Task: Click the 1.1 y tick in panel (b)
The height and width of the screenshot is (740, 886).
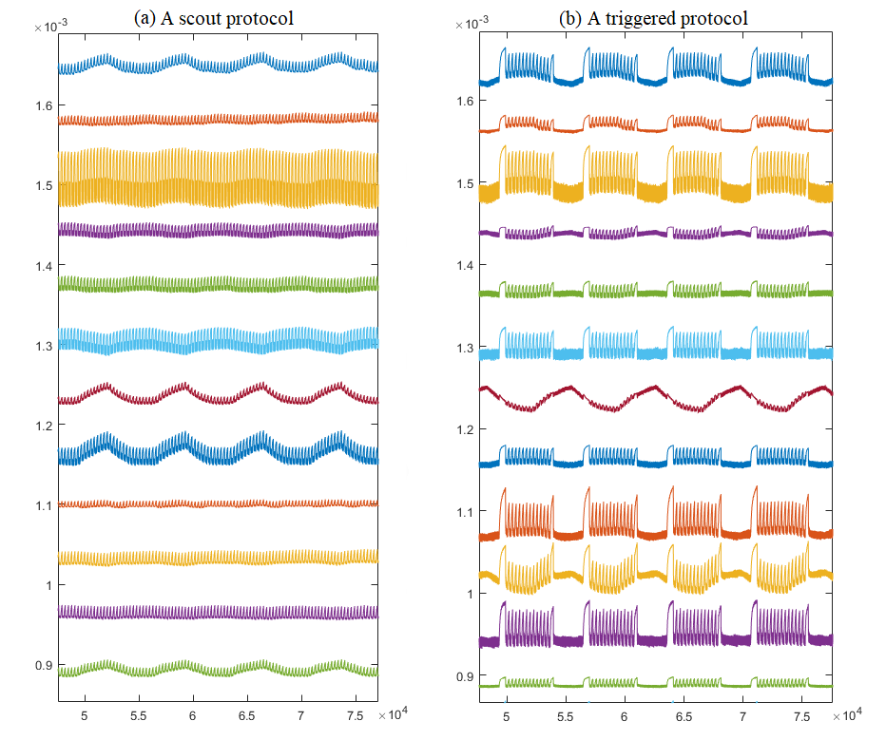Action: click(x=463, y=513)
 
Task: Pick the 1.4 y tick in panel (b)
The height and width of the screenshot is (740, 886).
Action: click(x=463, y=266)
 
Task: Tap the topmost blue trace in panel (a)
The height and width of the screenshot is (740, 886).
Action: click(x=219, y=65)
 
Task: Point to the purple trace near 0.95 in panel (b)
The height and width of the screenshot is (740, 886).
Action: click(x=656, y=640)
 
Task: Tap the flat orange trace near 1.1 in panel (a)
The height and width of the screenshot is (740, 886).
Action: click(x=219, y=503)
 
